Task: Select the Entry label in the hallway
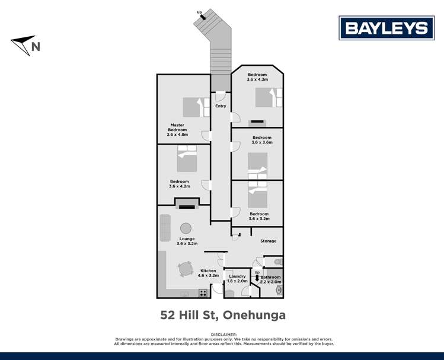221,106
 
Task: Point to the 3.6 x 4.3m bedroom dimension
257,79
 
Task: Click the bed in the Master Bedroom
193,107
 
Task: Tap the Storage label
269,241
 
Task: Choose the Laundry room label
237,276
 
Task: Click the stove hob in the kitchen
203,292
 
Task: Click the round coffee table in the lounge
186,228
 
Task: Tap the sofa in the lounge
165,228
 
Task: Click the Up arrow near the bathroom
257,274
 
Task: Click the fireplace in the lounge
187,206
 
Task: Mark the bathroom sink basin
279,290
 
